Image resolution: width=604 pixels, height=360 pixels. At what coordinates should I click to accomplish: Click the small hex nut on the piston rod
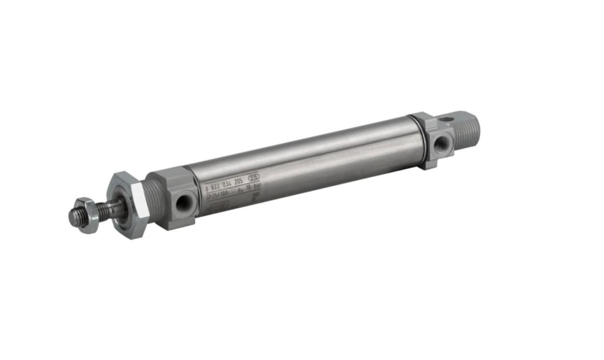click(87, 215)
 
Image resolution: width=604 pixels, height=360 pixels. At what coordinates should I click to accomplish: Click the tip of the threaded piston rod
click(73, 218)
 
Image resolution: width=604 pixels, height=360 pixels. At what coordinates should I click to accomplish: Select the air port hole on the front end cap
click(183, 203)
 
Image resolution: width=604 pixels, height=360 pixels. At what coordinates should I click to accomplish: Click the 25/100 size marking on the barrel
click(218, 195)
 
